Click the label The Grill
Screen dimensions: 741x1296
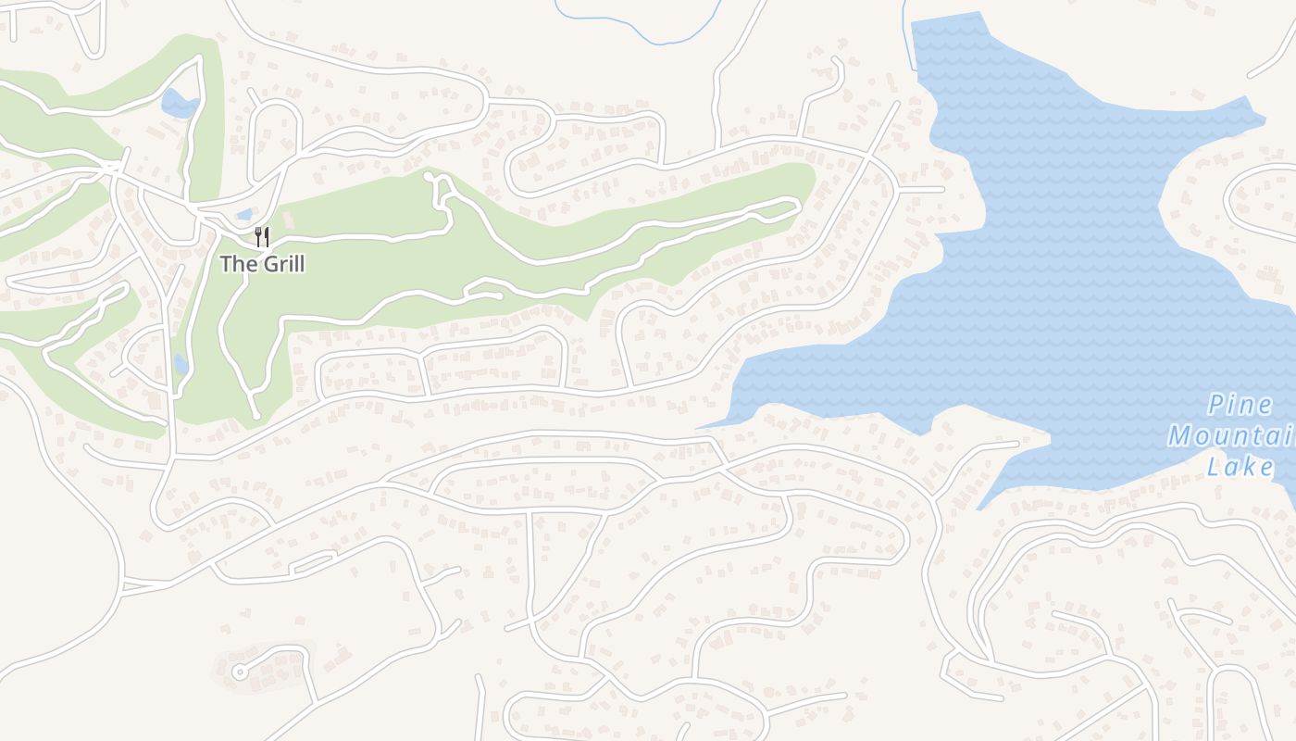(262, 264)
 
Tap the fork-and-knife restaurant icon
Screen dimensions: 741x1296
(262, 237)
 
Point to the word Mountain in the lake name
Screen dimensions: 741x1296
(1231, 435)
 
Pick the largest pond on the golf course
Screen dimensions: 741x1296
(179, 103)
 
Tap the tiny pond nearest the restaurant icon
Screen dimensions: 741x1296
(243, 215)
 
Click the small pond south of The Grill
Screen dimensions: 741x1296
(181, 365)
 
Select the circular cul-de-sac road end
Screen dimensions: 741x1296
(240, 672)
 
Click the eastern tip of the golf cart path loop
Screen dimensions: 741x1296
(796, 204)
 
